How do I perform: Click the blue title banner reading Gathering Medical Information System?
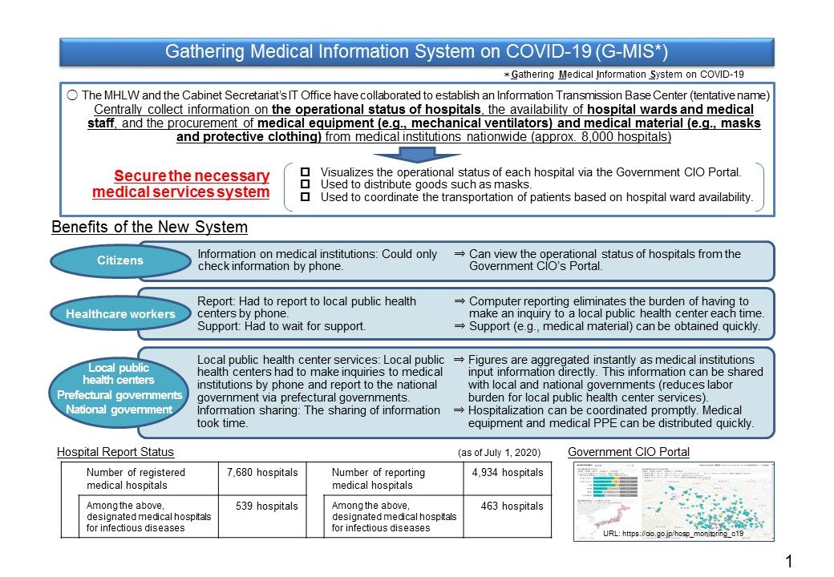coord(416,51)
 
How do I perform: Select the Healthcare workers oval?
coord(119,314)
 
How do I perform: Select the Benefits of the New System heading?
coord(149,228)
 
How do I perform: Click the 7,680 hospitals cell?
coord(260,473)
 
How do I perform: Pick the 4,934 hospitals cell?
coord(508,473)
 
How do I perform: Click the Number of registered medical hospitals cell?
coord(136,478)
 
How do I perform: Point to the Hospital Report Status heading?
coord(115,453)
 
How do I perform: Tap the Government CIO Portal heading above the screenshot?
coord(629,453)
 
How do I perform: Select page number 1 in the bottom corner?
coord(789,560)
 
